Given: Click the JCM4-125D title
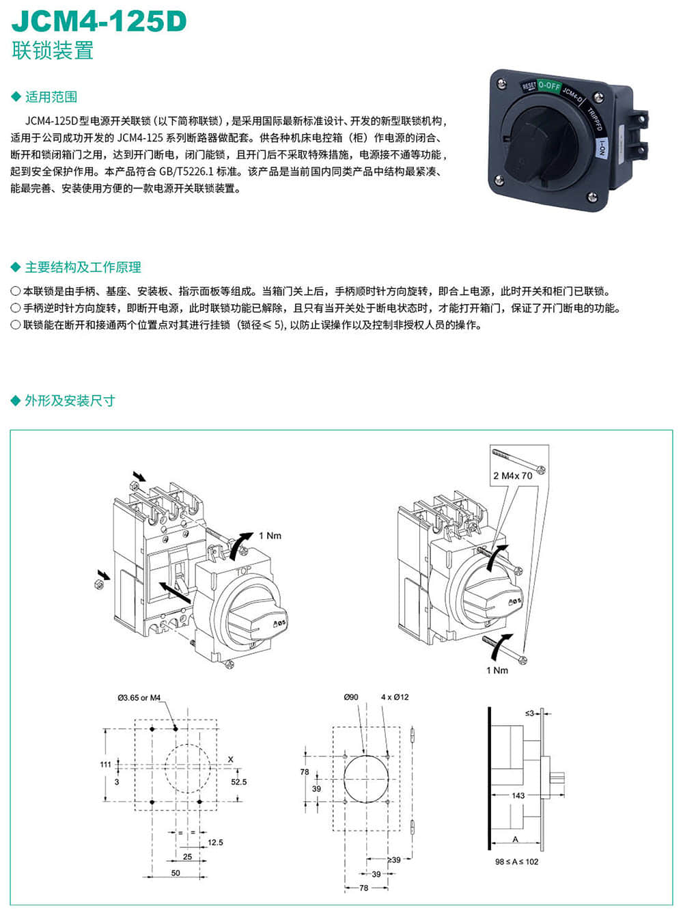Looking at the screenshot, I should pyautogui.click(x=99, y=22).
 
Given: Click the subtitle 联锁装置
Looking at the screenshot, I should pyautogui.click(x=53, y=51).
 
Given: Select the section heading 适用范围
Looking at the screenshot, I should pyautogui.click(x=51, y=97).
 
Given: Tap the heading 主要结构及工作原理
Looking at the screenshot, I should pyautogui.click(x=83, y=267).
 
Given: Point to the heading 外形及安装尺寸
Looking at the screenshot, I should pyautogui.click(x=70, y=400).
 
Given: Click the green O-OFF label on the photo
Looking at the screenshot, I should pyautogui.click(x=548, y=86).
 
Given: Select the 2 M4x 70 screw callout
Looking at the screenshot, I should pyautogui.click(x=512, y=476).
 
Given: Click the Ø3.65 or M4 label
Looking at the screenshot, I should pyautogui.click(x=139, y=698).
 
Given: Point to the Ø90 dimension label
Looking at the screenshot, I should pyautogui.click(x=351, y=697).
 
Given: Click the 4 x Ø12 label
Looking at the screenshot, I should pyautogui.click(x=395, y=697).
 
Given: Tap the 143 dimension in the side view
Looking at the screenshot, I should pyautogui.click(x=518, y=795).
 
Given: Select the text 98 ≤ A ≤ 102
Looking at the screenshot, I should pyautogui.click(x=516, y=862).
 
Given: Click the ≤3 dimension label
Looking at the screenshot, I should pyautogui.click(x=529, y=713).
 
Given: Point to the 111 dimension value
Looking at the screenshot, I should pyautogui.click(x=105, y=764).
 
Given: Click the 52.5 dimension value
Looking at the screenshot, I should pyautogui.click(x=238, y=782).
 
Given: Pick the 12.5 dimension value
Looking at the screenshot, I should pyautogui.click(x=215, y=843).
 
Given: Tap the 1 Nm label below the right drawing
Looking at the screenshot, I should pyautogui.click(x=497, y=670).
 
